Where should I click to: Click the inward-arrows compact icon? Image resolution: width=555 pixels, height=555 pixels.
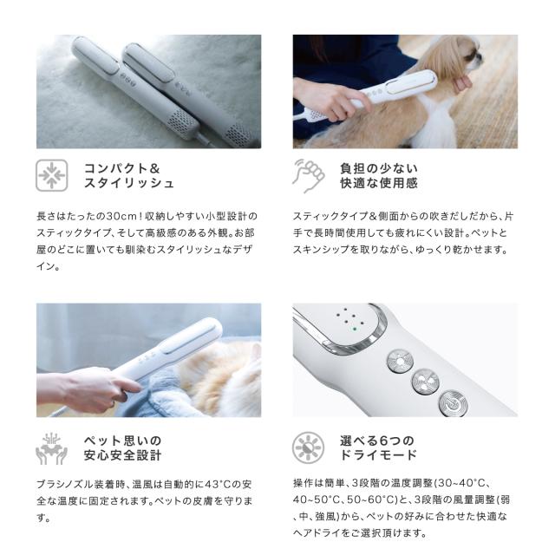51,175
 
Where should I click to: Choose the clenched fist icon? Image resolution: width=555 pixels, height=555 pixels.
308,174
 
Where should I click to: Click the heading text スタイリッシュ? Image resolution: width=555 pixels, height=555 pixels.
129,184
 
